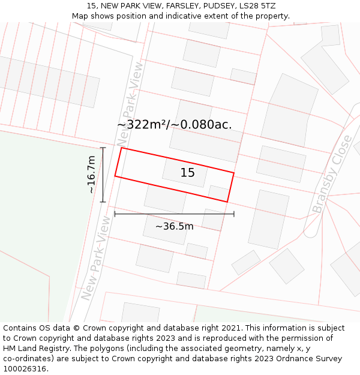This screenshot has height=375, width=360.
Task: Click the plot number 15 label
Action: pyautogui.click(x=187, y=173)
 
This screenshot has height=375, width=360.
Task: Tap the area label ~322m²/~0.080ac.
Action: pyautogui.click(x=175, y=125)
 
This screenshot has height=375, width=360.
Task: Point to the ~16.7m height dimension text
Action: pyautogui.click(x=91, y=175)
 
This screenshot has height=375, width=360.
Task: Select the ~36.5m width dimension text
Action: pyautogui.click(x=174, y=226)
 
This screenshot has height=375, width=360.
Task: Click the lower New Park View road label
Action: pyautogui.click(x=96, y=258)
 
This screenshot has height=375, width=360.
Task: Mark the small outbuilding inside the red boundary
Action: pyautogui.click(x=218, y=193)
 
